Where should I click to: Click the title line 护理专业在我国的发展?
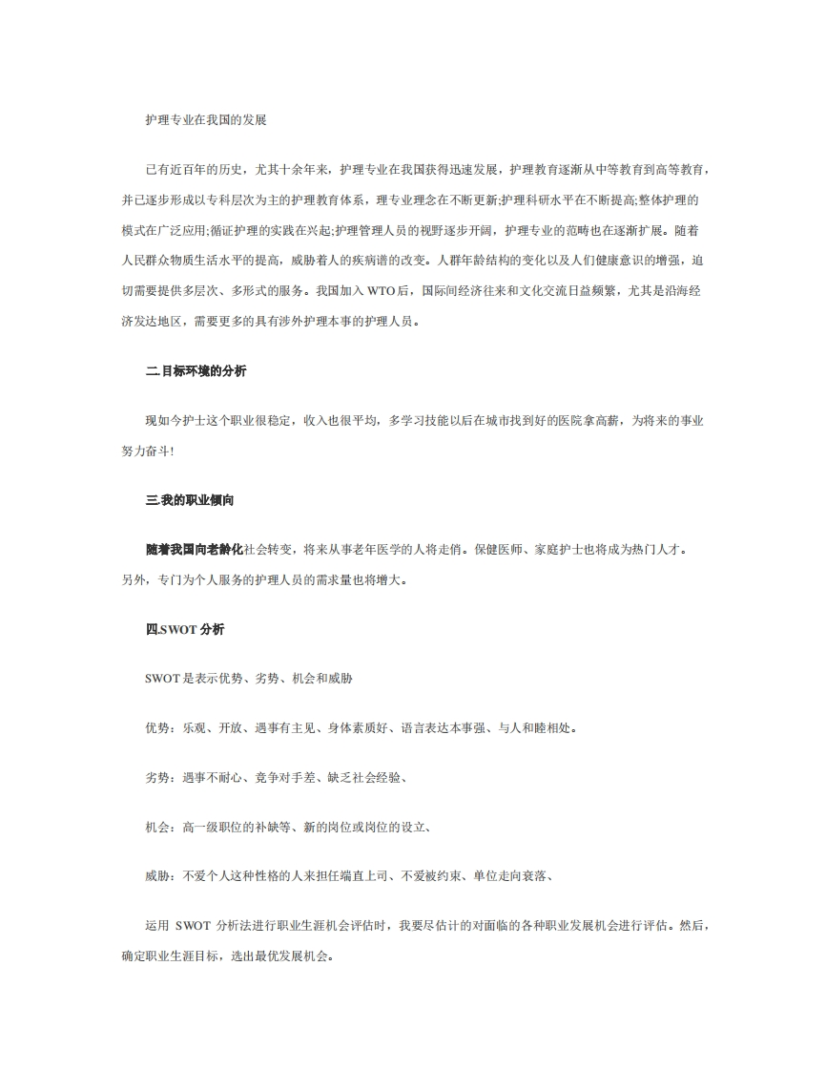[x=205, y=120]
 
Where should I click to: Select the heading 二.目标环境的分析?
[x=196, y=370]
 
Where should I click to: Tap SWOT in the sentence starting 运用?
[x=193, y=926]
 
